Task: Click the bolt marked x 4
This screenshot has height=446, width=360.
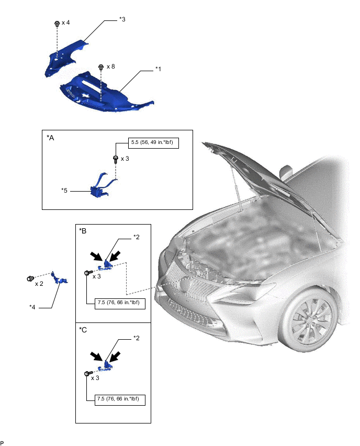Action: tap(57, 24)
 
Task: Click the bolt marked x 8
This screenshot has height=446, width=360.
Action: tap(101, 68)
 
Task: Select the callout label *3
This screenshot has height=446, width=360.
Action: tap(122, 19)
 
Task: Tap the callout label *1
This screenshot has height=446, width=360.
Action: tap(158, 69)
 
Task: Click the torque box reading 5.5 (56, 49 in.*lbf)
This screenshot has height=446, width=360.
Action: tap(153, 142)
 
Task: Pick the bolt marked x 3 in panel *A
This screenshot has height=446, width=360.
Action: tap(116, 159)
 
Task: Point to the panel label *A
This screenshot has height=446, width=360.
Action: tap(50, 138)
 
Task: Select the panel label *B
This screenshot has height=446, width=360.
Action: tap(83, 231)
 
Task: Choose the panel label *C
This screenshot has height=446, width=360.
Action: tap(83, 330)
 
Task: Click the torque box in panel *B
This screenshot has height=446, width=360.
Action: tap(120, 303)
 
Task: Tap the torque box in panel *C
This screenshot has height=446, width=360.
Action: tap(120, 399)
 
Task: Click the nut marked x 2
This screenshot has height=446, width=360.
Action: tap(30, 278)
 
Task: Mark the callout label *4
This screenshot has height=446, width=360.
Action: tap(32, 307)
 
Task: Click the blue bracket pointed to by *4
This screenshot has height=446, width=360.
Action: tap(60, 278)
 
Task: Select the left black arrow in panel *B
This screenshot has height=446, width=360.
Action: tap(96, 255)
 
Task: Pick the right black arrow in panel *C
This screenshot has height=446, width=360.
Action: tap(115, 356)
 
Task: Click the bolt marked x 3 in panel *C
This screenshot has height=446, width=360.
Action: tap(88, 373)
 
